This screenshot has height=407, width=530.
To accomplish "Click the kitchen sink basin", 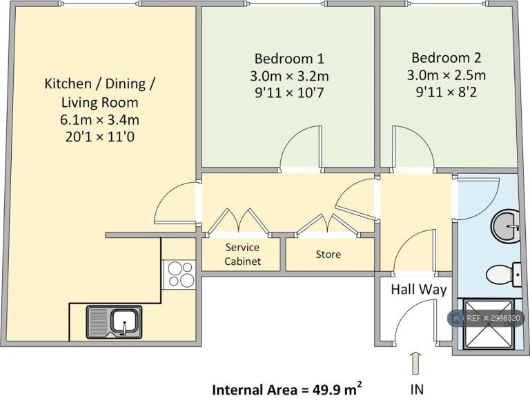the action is (x=124, y=321).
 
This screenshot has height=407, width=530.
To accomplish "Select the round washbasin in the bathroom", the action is (x=505, y=226).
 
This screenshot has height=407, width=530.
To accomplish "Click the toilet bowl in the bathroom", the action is (x=500, y=275).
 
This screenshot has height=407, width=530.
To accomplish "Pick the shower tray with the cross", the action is (x=488, y=324).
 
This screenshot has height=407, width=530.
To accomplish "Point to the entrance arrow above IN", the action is (x=416, y=363).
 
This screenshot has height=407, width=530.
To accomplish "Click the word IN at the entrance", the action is (x=417, y=390).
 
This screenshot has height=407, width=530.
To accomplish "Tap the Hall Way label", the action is (x=419, y=290).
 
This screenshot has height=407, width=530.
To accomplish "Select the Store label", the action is (x=328, y=254).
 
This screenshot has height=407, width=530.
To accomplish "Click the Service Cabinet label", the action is (x=242, y=254).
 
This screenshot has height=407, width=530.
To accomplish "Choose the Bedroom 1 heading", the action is (x=289, y=59).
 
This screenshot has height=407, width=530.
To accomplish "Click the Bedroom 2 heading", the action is (x=446, y=58).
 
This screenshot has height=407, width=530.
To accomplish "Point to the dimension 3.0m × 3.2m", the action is (x=289, y=76).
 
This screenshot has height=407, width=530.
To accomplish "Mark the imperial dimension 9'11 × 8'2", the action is (x=446, y=92).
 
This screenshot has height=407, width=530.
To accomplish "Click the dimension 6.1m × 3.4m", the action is (x=99, y=120).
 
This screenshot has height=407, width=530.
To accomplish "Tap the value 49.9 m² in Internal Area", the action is (x=337, y=389).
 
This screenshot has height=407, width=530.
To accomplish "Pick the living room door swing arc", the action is (x=162, y=196).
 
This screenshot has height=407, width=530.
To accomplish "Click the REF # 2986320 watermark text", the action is (x=493, y=318).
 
